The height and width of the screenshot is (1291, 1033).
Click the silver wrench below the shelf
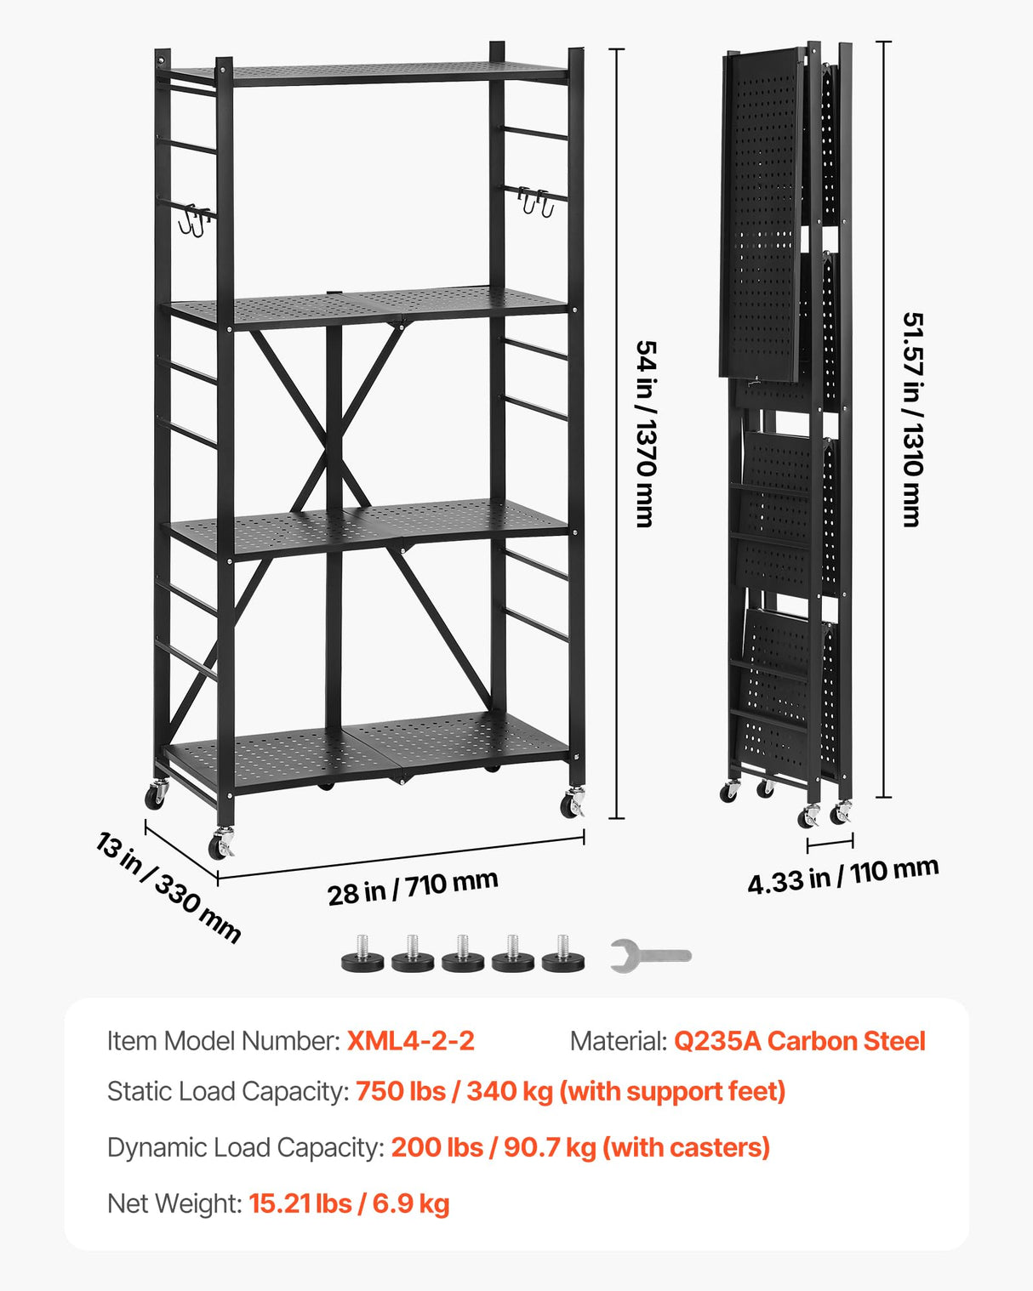point(650,956)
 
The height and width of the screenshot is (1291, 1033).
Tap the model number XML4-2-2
point(410,1041)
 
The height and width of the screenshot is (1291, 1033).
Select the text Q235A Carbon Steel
point(799,1041)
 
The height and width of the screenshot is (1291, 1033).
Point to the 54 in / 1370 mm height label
point(646,434)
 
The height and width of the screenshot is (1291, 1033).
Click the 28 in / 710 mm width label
point(413,887)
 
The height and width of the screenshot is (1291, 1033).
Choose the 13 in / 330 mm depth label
point(168,887)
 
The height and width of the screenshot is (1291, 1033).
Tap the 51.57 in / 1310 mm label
point(912,419)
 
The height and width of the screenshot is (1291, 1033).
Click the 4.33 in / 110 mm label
point(842,875)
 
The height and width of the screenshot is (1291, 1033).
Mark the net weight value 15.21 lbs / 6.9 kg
point(349,1203)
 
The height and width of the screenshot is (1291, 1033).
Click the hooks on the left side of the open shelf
point(195,220)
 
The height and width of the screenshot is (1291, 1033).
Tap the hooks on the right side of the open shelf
point(536,202)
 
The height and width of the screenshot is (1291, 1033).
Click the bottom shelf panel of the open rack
point(366,753)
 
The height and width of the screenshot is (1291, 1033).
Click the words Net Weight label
point(174,1203)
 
